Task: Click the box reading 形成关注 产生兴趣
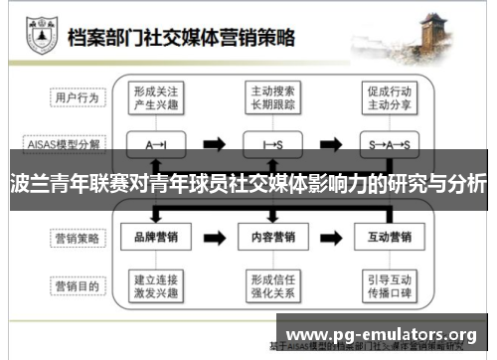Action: click(156, 97)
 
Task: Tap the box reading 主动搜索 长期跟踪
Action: click(271, 97)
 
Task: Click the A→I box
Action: click(156, 144)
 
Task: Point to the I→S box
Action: click(271, 144)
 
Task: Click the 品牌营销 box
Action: click(156, 239)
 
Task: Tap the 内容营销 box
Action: click(271, 239)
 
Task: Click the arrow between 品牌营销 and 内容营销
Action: click(214, 239)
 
